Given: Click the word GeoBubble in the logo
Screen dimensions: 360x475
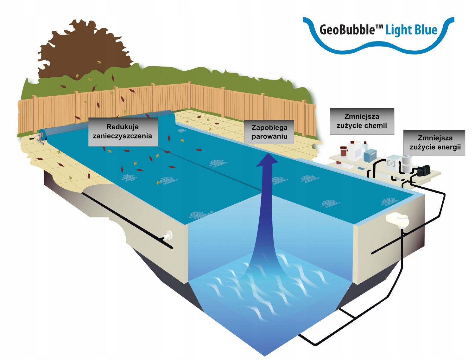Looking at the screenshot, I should click(347, 30).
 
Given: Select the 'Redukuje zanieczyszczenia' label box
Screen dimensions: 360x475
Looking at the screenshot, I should click(123, 132).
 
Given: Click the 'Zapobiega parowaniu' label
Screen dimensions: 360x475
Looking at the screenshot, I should click(269, 132).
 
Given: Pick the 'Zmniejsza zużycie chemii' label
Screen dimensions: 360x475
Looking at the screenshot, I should click(362, 121).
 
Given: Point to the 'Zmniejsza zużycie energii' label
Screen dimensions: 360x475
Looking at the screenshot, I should click(434, 143).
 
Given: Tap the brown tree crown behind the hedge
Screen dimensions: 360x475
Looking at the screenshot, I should click(79, 48).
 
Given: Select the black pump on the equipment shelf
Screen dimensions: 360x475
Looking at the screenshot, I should click(423, 170).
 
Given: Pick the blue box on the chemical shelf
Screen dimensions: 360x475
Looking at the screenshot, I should click(370, 155).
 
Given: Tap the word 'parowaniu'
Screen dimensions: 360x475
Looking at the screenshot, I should click(269, 137).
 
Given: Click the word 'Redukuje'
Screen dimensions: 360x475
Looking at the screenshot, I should click(122, 127).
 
